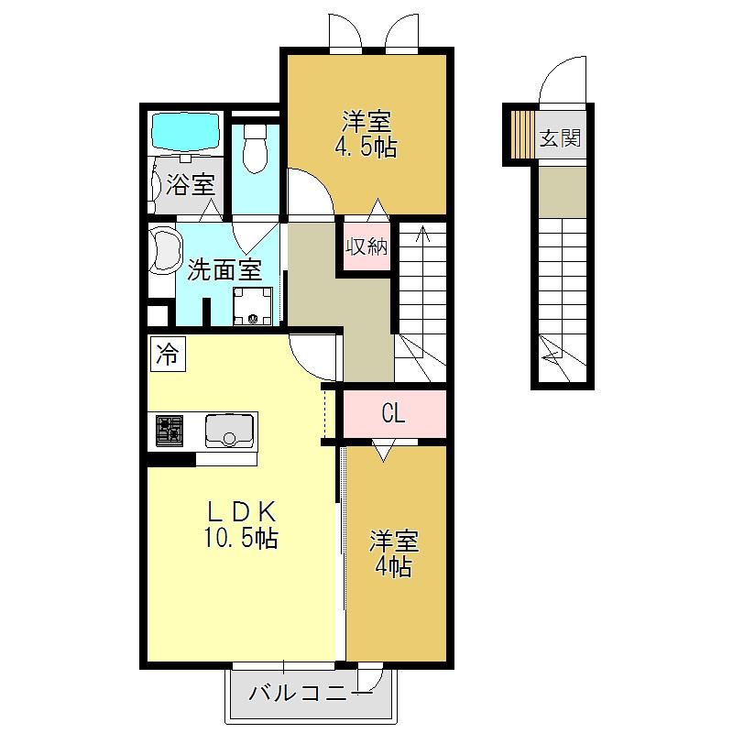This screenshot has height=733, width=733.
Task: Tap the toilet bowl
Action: (x=256, y=148)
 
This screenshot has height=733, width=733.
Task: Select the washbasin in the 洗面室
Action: (x=165, y=249)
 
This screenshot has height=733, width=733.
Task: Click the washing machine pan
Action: (x=253, y=306)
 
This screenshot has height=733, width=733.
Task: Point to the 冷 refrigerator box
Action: (x=168, y=354)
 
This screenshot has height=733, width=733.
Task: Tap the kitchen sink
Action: (x=229, y=431)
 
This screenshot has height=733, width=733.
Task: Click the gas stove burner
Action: (x=170, y=431)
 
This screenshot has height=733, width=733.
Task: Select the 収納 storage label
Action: (x=366, y=246)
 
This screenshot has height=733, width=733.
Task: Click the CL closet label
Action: (x=393, y=413)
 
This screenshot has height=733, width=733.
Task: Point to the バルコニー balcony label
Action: (x=311, y=693)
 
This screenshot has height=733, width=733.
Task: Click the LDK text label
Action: (x=242, y=512)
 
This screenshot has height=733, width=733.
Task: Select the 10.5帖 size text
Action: (x=241, y=537)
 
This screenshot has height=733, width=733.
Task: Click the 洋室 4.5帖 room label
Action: (x=366, y=133)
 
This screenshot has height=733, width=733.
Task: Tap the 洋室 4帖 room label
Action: (x=393, y=553)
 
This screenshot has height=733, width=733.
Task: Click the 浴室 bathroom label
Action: (x=191, y=184)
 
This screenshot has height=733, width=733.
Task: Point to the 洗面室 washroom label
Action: (x=224, y=270)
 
